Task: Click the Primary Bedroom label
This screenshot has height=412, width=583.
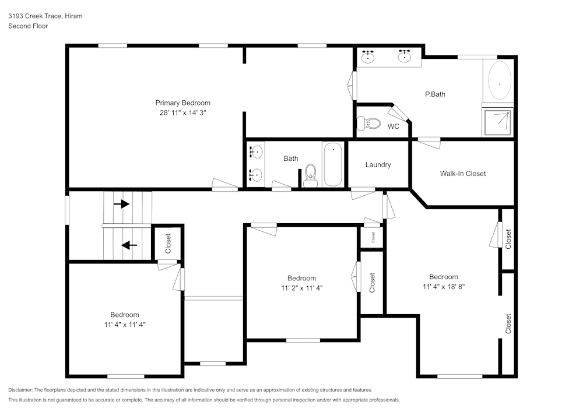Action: tap(182, 103)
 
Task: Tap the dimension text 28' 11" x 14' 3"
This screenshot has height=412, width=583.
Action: tap(182, 113)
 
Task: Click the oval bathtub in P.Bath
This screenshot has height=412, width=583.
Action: tap(499, 81)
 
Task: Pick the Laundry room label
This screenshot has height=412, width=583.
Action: tap(378, 165)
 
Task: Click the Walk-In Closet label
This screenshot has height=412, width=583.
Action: tap(462, 174)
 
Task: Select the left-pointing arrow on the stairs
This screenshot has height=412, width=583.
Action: tap(129, 245)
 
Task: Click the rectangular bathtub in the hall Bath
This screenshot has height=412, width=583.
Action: tap(333, 164)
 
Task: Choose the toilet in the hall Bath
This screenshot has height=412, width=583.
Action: tap(310, 174)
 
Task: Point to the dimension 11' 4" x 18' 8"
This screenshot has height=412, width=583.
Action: tap(443, 287)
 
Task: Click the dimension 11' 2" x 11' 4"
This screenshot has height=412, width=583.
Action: tap(301, 288)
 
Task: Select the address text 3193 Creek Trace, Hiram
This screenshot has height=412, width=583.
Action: tap(45, 16)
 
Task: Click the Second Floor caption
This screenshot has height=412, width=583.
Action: tap(28, 26)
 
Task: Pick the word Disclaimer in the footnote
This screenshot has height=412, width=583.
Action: tap(21, 390)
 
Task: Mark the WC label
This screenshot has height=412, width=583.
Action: tap(394, 126)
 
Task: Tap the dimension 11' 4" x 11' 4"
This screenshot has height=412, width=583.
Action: tap(125, 325)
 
